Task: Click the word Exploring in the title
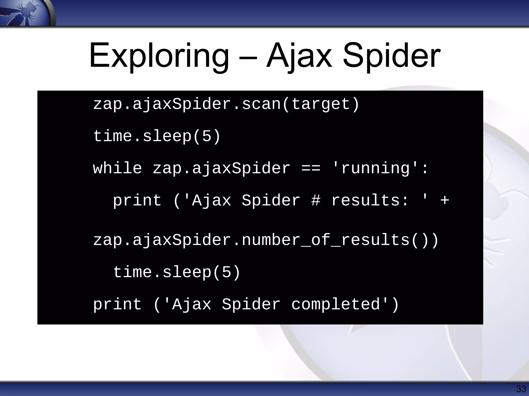pos(159,56)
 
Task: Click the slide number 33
pos(521,389)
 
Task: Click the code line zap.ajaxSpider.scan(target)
pos(226,104)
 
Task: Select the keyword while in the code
pos(118,168)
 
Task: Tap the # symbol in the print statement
pos(316,201)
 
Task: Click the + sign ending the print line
pos(445,201)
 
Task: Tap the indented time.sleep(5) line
pos(177,273)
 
